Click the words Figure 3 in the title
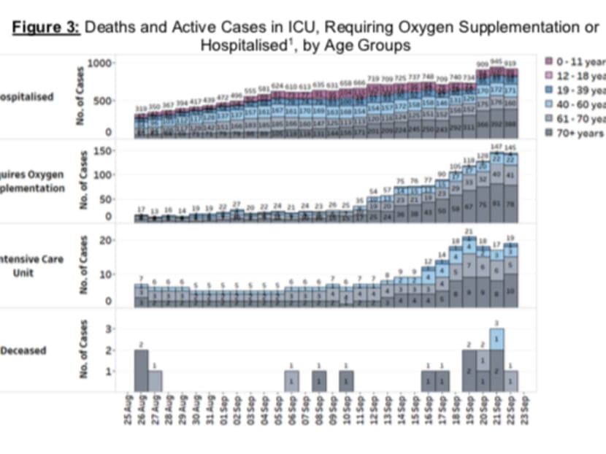coord(46,28)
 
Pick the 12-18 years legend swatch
coord(551,75)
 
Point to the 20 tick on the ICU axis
coord(105,240)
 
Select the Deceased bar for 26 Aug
coord(142,370)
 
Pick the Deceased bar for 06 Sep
coord(292,380)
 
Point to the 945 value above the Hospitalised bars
coord(496,62)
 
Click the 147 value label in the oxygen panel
coord(496,147)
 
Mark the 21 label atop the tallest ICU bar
coord(469,231)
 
